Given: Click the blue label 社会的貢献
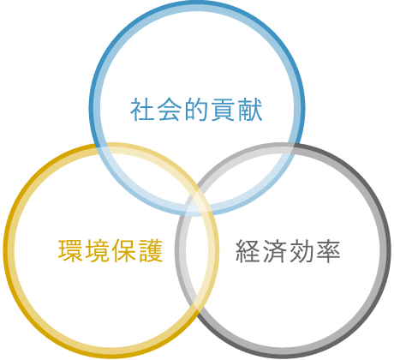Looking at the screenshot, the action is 196,110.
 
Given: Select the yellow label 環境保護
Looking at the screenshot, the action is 110,251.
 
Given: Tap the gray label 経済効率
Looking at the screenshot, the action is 288,251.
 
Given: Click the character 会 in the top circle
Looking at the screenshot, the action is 169,110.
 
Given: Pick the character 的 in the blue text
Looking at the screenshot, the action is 196,110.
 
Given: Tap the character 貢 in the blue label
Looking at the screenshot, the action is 224,110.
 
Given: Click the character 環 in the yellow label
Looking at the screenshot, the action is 70,251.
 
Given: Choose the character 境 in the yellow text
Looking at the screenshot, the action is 98,251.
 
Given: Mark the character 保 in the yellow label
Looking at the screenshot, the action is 124,251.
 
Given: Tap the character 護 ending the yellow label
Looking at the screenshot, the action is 151,251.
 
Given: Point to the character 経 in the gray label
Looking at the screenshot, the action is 248,251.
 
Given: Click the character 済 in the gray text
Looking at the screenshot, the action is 275,251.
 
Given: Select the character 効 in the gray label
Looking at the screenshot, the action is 301,251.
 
